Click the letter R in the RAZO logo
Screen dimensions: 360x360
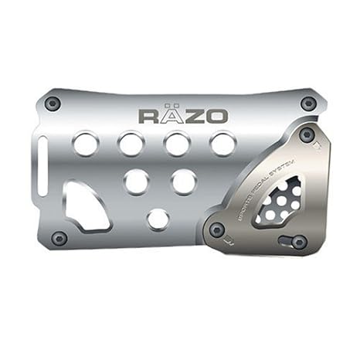pyautogui.click(x=148, y=116)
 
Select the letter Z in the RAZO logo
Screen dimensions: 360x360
pyautogui.click(x=194, y=116)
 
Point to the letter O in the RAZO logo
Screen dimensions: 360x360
pyautogui.click(x=217, y=116)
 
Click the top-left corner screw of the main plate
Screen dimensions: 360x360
pyautogui.click(x=53, y=103)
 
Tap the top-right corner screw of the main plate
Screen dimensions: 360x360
pyautogui.click(x=308, y=103)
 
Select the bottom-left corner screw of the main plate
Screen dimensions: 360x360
pyautogui.click(x=59, y=238)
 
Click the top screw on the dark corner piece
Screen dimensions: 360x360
pyautogui.click(x=307, y=134)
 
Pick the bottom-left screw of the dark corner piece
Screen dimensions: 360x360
pyautogui.click(x=217, y=229)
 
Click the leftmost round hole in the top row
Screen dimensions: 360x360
pyautogui.click(x=85, y=144)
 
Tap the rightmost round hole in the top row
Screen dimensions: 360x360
pyautogui.click(x=223, y=144)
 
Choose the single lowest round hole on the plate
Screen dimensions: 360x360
pyautogui.click(x=158, y=219)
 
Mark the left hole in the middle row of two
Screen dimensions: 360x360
pyautogui.click(x=136, y=182)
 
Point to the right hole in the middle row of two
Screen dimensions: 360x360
pyautogui.click(x=183, y=182)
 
